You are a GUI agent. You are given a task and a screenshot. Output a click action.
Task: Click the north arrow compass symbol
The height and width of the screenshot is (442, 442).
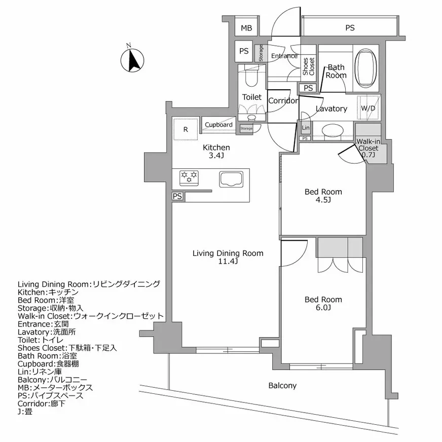point(132,60)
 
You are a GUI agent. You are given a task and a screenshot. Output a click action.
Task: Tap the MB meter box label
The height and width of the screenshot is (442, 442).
point(246,28)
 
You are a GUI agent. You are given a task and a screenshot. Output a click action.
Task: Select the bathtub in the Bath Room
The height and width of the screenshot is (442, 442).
point(365,68)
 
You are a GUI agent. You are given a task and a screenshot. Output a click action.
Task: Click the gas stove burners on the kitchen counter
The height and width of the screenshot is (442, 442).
point(189,178)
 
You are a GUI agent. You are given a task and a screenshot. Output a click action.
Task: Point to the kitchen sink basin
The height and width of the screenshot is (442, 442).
point(231,179)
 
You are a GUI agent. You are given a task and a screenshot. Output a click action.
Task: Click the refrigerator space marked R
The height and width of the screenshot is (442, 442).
point(186,129)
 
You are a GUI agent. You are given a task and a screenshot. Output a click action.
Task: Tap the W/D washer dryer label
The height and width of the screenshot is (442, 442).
point(368,108)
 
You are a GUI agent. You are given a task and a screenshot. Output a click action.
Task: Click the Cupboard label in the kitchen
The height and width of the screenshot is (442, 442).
point(218,125)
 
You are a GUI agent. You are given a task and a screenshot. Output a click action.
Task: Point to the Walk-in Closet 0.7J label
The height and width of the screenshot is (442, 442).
point(368,148)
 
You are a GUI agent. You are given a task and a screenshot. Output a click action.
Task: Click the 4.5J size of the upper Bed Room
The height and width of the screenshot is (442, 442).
point(323,200)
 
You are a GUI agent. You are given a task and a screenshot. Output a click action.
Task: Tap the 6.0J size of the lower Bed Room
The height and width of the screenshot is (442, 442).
point(323,308)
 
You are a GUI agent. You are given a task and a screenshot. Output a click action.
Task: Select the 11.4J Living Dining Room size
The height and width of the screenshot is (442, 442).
point(228,262)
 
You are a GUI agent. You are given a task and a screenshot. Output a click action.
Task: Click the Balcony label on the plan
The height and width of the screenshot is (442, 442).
point(282,385)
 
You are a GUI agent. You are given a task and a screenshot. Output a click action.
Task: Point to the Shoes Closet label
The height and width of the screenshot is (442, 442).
point(308,66)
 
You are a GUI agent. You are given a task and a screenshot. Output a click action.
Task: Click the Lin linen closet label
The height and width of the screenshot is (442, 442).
point(306,128)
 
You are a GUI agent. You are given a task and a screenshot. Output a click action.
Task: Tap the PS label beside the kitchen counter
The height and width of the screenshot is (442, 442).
point(177,196)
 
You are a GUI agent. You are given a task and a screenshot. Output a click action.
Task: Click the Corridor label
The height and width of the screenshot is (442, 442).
point(283,101)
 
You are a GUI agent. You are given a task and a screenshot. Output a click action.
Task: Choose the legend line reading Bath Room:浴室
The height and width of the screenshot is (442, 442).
point(47,356)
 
